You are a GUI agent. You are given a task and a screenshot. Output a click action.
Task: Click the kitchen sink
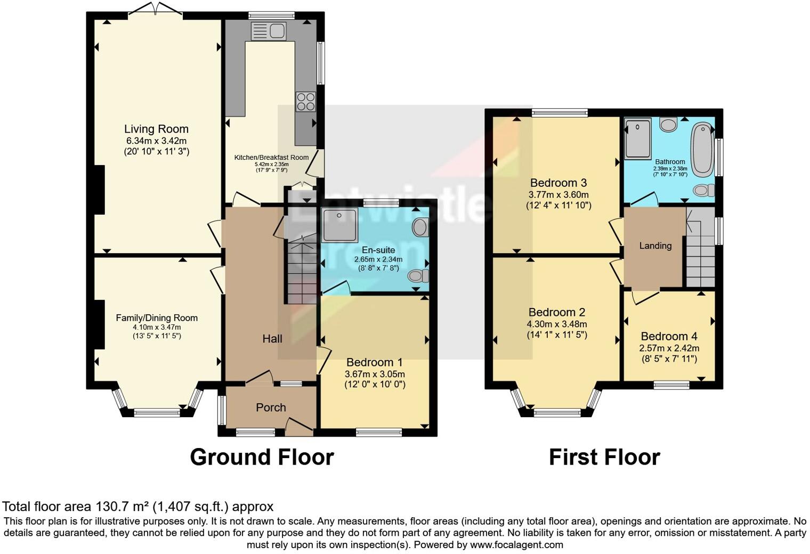click(269, 31)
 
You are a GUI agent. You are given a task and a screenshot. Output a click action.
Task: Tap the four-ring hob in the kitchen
click(305, 101)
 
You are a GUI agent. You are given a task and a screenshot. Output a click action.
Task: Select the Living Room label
click(156, 129)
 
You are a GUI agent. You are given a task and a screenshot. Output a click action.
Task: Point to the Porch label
click(271, 408)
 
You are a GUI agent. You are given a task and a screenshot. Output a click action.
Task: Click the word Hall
click(272, 339)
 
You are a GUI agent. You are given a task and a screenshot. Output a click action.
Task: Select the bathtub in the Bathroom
click(702, 149)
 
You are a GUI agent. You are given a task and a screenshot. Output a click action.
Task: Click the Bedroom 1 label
click(375, 362)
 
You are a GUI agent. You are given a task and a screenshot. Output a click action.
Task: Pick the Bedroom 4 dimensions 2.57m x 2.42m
click(669, 348)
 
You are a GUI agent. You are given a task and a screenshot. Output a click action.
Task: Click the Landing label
click(655, 246)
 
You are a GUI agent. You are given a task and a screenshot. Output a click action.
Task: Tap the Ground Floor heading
click(262, 457)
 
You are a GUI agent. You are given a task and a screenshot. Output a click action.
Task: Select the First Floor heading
click(604, 457)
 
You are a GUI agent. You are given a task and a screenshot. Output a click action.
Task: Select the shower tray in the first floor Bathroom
click(638, 139)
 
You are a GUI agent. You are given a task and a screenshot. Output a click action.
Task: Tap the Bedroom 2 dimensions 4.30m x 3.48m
click(557, 324)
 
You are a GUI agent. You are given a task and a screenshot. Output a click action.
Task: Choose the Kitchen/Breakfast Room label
click(271, 157)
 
